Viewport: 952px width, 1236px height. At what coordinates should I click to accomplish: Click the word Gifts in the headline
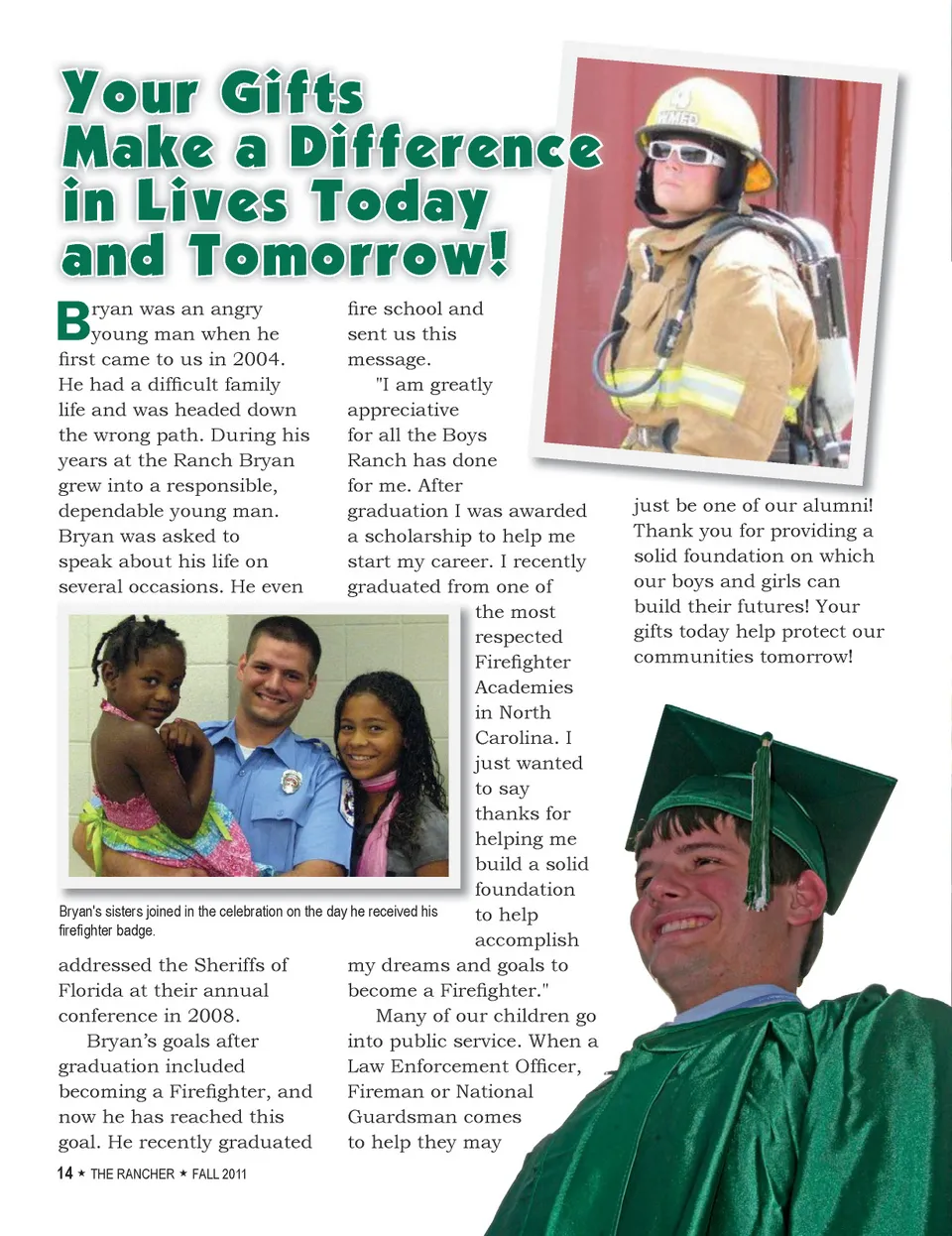[x=292, y=93]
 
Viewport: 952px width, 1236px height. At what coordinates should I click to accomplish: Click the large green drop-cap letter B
[x=73, y=321]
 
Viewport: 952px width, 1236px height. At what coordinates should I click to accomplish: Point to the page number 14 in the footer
[x=64, y=1174]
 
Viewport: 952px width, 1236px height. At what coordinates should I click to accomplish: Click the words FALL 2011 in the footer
[x=219, y=1174]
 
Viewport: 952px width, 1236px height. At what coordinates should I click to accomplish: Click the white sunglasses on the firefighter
[x=683, y=154]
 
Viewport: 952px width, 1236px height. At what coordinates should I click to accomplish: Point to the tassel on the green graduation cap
[x=761, y=823]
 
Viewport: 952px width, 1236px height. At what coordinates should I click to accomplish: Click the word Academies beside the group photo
[x=524, y=687]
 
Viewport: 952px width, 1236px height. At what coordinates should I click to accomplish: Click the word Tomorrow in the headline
[x=337, y=255]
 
